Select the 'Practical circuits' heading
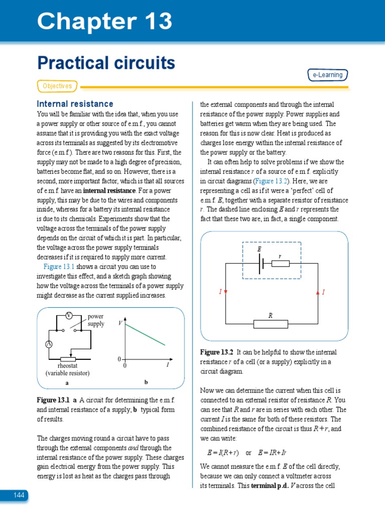[106, 63]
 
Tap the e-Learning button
[327, 75]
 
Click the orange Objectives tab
[57, 86]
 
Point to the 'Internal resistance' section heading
[75, 104]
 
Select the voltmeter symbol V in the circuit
[69, 315]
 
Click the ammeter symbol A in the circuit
[49, 344]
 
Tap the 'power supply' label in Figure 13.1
[96, 320]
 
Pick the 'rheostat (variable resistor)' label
[67, 369]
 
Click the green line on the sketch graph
[145, 334]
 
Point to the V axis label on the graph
[120, 324]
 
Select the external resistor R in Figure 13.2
[270, 324]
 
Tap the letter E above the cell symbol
[259, 249]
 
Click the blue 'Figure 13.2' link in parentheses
[272, 181]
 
